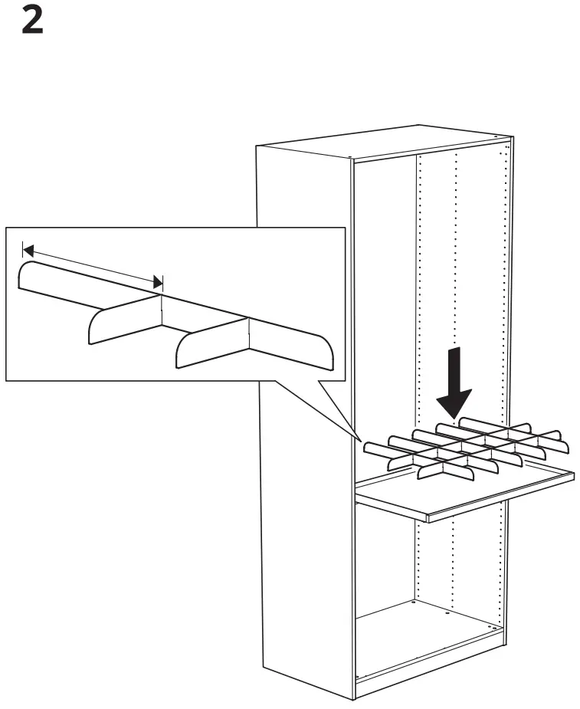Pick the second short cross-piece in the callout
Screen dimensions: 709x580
[x=211, y=341]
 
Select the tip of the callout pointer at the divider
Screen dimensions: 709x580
[x=360, y=441]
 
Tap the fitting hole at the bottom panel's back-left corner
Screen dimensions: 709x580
[x=413, y=603]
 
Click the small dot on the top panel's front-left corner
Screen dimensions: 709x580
[x=350, y=159]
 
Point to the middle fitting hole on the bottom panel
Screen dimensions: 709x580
[x=447, y=612]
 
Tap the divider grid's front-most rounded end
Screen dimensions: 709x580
[x=423, y=476]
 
